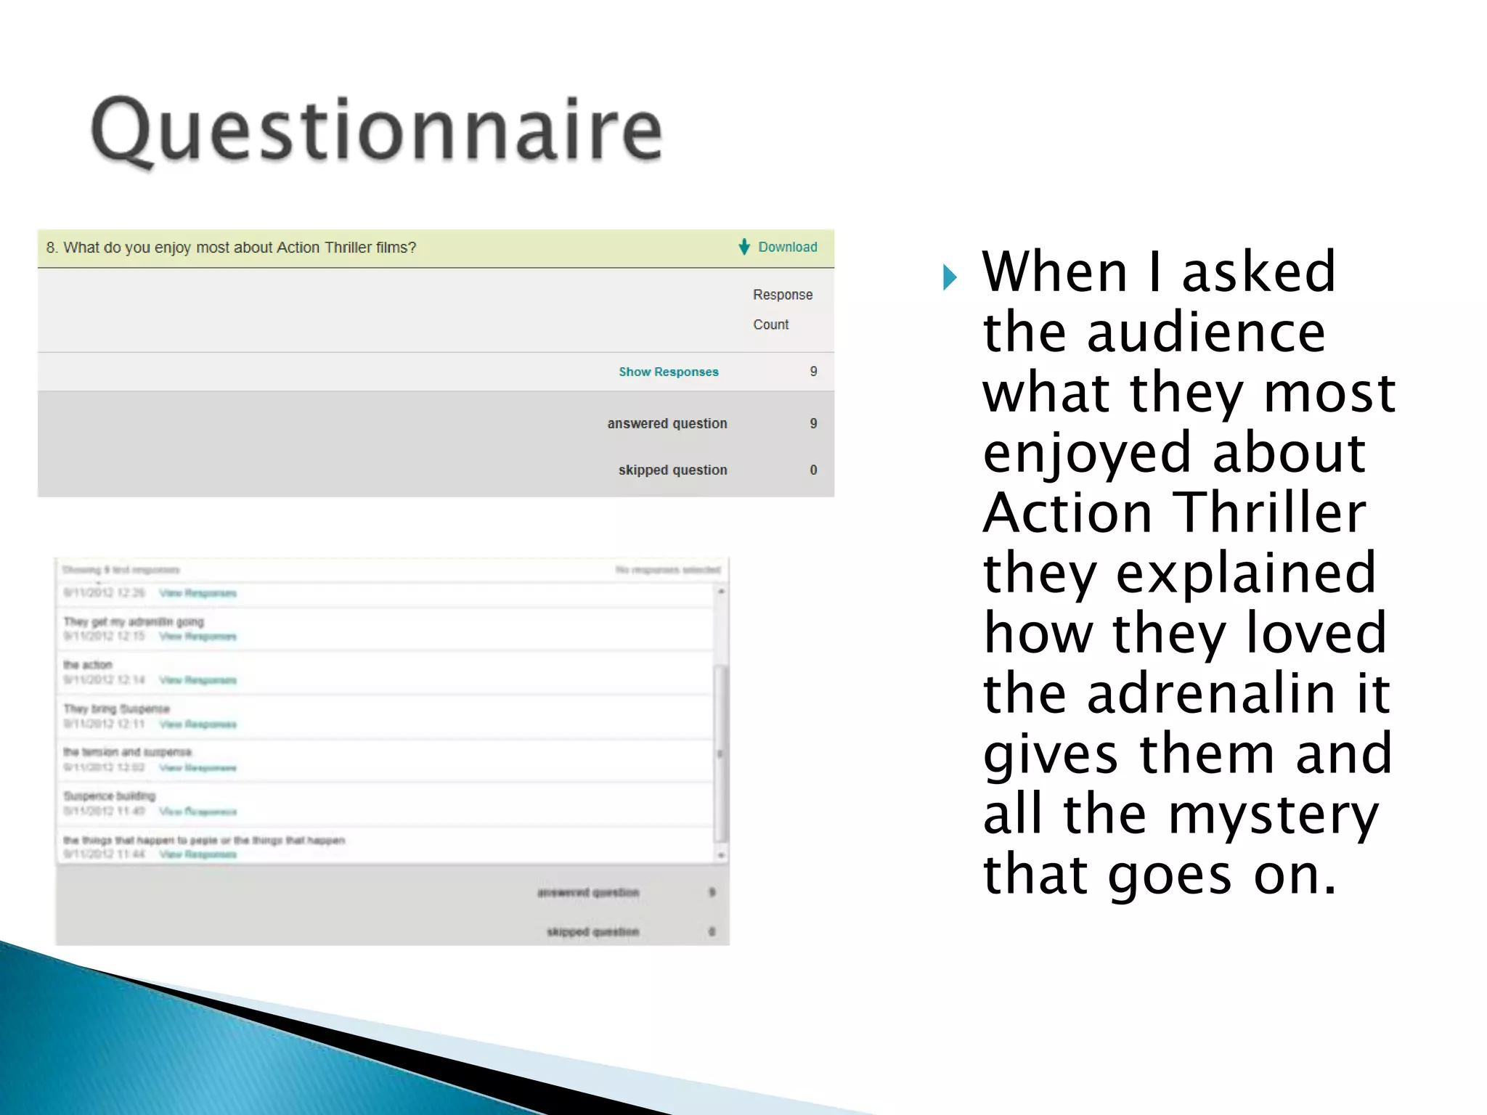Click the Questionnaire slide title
click(376, 131)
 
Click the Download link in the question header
click(787, 247)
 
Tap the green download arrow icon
click(744, 247)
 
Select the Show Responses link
click(668, 372)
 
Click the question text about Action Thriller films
click(231, 248)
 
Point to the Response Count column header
click(781, 309)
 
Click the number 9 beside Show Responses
click(813, 371)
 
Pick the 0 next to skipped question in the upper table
click(813, 470)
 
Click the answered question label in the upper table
click(667, 423)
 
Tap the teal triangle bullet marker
click(949, 277)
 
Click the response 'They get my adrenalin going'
click(134, 621)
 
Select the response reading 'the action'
click(87, 665)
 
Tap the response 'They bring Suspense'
click(116, 708)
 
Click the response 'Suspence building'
click(109, 796)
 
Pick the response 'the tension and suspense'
click(127, 752)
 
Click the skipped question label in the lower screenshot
click(592, 931)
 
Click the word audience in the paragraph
click(1205, 332)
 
